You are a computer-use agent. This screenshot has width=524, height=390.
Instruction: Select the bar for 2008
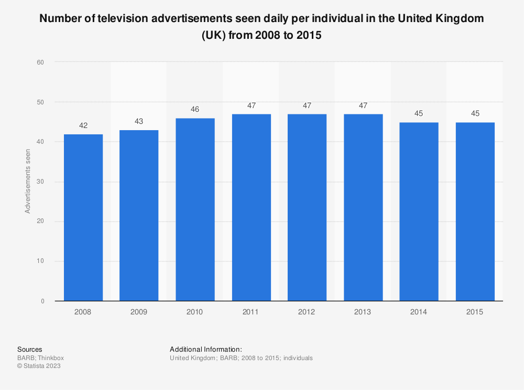click(x=83, y=217)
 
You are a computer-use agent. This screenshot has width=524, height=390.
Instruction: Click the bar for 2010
click(x=195, y=209)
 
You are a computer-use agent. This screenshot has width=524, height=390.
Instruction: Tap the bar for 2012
click(x=307, y=207)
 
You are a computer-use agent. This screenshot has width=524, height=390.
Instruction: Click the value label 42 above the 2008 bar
click(x=83, y=125)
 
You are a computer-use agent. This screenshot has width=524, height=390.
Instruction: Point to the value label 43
click(x=139, y=121)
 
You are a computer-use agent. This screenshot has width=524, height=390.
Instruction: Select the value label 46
click(x=195, y=109)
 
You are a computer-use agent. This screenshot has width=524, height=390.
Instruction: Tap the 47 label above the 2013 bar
click(x=363, y=106)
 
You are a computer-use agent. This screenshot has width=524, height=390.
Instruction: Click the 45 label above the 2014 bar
click(x=419, y=113)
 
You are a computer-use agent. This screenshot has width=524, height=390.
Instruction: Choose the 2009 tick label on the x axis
click(x=139, y=312)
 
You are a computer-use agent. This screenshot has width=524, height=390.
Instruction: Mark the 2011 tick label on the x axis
click(x=251, y=312)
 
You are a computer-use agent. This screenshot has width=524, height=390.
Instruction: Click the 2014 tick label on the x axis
click(x=419, y=312)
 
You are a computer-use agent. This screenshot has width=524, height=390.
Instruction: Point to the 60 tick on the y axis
click(x=40, y=62)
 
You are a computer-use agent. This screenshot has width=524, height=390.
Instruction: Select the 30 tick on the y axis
click(x=40, y=182)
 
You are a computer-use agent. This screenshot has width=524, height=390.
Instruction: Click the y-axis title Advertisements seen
click(x=28, y=182)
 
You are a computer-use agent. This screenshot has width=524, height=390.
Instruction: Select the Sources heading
click(x=30, y=349)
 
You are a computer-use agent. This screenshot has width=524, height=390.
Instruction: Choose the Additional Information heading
click(x=206, y=349)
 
